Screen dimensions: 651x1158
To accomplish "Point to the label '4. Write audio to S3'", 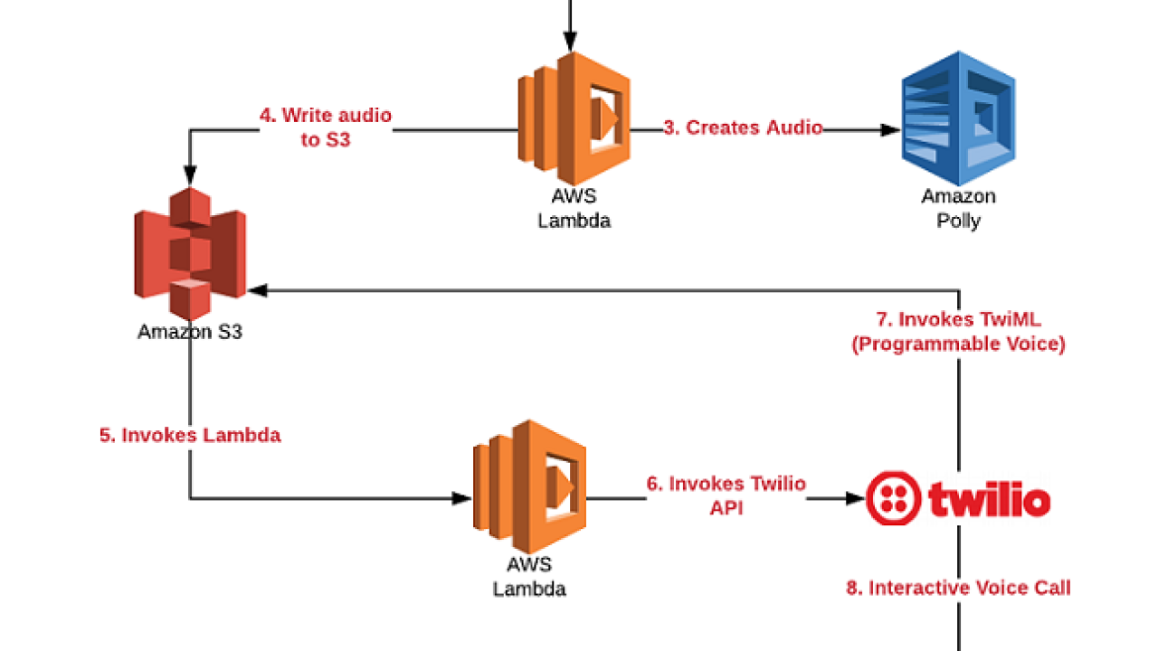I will pos(326,127).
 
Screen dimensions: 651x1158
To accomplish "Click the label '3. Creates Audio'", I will pos(743,127).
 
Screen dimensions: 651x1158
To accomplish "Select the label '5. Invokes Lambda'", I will pos(190,435).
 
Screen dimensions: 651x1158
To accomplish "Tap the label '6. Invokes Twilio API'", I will pos(726,495).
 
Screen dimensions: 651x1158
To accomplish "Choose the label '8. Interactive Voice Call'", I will pos(958,588).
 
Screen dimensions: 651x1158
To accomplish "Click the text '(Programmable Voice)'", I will pos(958,344).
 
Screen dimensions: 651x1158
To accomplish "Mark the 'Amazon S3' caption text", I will pos(190,332).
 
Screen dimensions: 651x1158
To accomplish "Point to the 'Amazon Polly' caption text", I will pos(959,208).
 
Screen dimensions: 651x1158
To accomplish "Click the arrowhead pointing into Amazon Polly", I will pos(892,129).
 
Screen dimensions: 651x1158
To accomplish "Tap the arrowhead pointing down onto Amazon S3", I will pos(190,175).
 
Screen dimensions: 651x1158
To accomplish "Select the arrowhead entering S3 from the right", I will pos(258,290).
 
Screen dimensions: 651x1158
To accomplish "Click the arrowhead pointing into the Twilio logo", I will pos(855,497).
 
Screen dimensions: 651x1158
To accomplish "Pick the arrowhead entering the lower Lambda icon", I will pos(462,497).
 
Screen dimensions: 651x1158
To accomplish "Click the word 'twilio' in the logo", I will pos(989,499).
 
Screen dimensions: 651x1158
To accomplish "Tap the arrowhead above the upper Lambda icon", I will pos(570,41).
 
